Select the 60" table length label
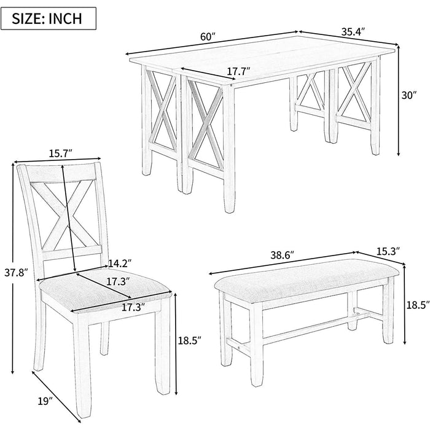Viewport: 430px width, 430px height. [x=208, y=36]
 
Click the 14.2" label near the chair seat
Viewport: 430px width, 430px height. [x=119, y=264]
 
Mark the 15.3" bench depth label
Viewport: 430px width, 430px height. [x=388, y=251]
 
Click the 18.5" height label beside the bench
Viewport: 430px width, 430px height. [x=416, y=303]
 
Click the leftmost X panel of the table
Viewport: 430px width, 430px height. [x=163, y=111]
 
